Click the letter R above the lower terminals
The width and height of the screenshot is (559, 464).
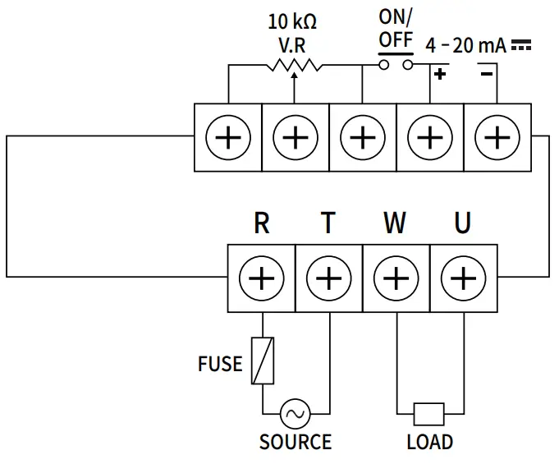tap(261, 223)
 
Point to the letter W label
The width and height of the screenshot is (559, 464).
tap(395, 223)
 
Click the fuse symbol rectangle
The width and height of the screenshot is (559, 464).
tap(262, 361)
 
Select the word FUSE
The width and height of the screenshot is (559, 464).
tap(220, 363)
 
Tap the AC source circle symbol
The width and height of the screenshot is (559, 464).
tap(294, 412)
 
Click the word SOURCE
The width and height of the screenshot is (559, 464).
tap(296, 442)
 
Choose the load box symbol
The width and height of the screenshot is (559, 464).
tap(429, 412)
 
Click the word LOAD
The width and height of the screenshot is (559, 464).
tap(429, 442)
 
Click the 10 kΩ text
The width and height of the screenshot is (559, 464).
tap(293, 20)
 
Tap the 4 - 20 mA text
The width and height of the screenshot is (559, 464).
tap(465, 46)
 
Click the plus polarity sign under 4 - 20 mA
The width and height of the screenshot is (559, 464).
tap(440, 75)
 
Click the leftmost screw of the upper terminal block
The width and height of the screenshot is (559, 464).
tap(227, 137)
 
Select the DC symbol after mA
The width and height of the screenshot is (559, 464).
tap(520, 47)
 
